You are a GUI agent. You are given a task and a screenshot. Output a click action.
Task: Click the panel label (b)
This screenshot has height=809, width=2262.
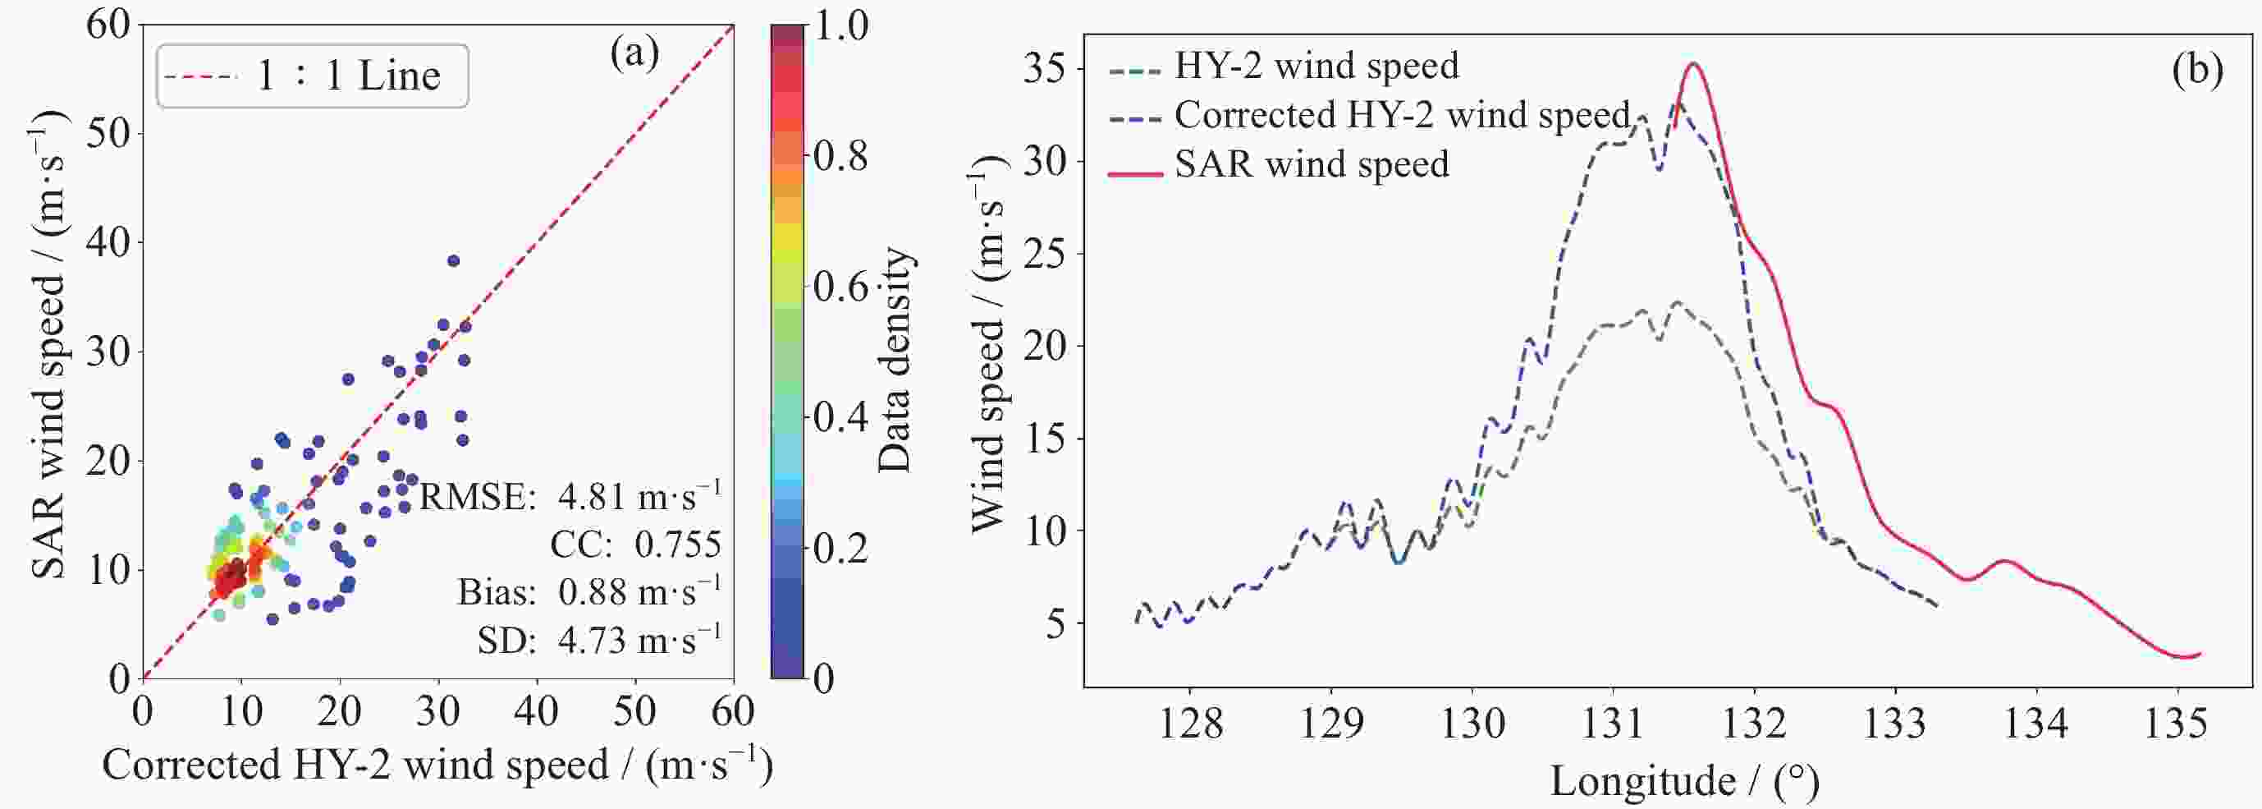click(2198, 68)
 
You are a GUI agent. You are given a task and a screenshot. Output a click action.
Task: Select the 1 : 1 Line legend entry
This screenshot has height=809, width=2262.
click(313, 76)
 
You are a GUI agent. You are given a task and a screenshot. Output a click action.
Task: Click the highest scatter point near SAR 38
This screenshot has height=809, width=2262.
click(453, 261)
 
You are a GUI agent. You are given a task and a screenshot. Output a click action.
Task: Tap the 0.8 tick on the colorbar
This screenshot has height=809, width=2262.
click(840, 156)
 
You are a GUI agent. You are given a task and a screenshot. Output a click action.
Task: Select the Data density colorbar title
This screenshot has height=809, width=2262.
click(895, 359)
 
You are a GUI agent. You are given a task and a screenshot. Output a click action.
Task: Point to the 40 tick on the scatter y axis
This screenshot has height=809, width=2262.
click(108, 241)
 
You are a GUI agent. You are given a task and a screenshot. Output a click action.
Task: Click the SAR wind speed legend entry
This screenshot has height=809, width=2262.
click(1280, 164)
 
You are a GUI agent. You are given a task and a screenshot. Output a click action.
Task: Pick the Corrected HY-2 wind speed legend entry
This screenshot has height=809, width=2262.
click(1370, 115)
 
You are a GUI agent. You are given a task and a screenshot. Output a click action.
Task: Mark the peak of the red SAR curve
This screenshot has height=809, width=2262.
click(1694, 63)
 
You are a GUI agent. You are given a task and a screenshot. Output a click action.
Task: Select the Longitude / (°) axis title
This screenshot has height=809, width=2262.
click(1684, 779)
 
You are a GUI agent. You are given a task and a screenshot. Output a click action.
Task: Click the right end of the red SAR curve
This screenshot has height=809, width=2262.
click(2200, 654)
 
